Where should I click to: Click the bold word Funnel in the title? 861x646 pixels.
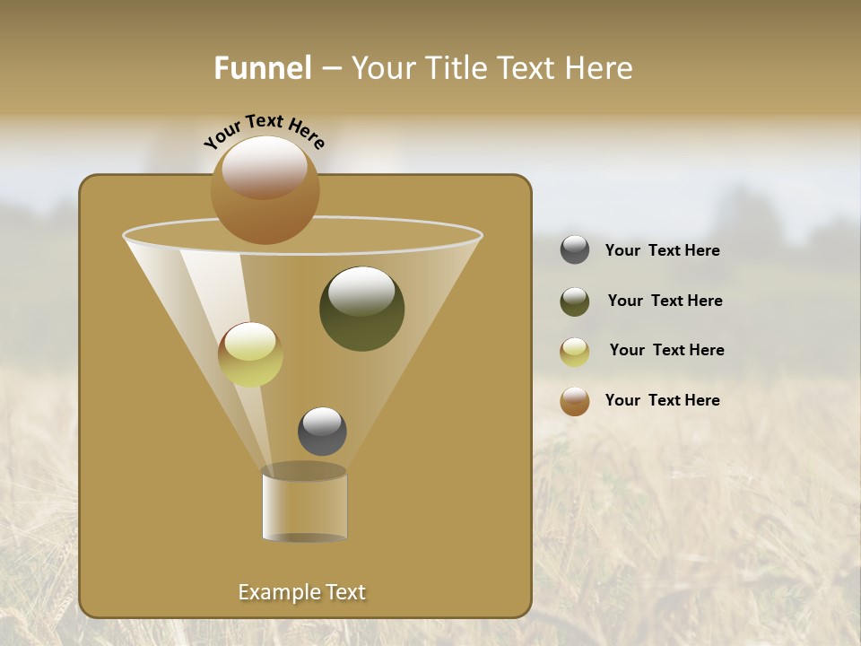pos(263,68)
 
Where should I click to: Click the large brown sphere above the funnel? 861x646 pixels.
pos(265,190)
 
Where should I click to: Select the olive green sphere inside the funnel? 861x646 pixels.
pos(361,309)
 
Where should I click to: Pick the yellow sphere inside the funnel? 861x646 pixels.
pos(250,354)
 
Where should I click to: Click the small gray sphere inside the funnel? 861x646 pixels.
pos(322,431)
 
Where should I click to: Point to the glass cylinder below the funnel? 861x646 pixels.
pos(304,503)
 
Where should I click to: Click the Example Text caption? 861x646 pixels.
pos(301,592)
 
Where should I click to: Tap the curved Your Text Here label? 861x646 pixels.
pos(265,131)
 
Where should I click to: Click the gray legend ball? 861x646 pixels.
pos(575,250)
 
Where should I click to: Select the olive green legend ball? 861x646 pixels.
pos(575,301)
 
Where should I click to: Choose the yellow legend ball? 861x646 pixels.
pos(575,352)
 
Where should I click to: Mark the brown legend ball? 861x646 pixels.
pos(575,401)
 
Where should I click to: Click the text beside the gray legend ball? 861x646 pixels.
pos(662,251)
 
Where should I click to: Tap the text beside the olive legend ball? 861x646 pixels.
pos(665,301)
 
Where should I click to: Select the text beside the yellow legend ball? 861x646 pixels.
pos(666,351)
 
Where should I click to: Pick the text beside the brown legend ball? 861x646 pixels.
pos(662,400)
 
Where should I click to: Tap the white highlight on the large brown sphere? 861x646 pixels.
pos(264,165)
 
